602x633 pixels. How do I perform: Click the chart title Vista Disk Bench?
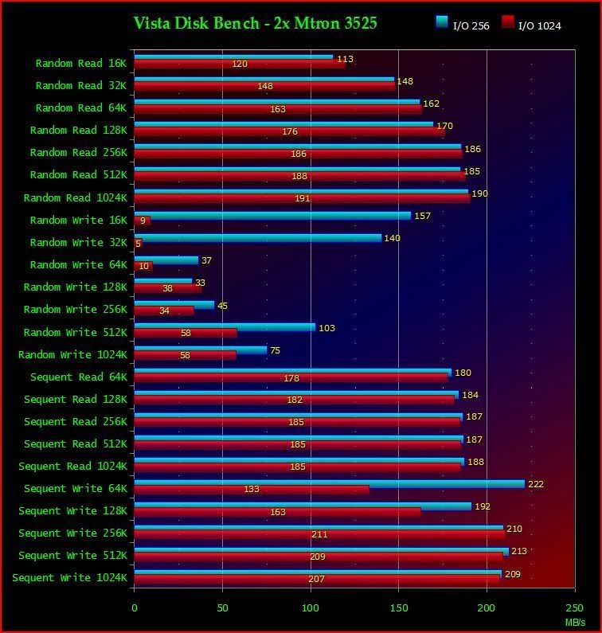pyautogui.click(x=255, y=23)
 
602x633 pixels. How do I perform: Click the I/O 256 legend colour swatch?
pyautogui.click(x=442, y=22)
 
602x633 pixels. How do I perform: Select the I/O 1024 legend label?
pyautogui.click(x=539, y=26)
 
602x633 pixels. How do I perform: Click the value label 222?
pyautogui.click(x=536, y=484)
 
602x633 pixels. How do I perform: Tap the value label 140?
pyautogui.click(x=392, y=238)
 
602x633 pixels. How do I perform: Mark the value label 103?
pyautogui.click(x=326, y=328)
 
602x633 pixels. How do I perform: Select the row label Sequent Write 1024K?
pyautogui.click(x=69, y=578)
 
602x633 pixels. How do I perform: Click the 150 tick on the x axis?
pyautogui.click(x=398, y=608)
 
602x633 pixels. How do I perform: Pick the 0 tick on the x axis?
pyautogui.click(x=134, y=608)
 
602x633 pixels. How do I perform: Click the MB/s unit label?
pyautogui.click(x=575, y=620)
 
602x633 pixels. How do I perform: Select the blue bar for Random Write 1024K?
pyautogui.click(x=201, y=350)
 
